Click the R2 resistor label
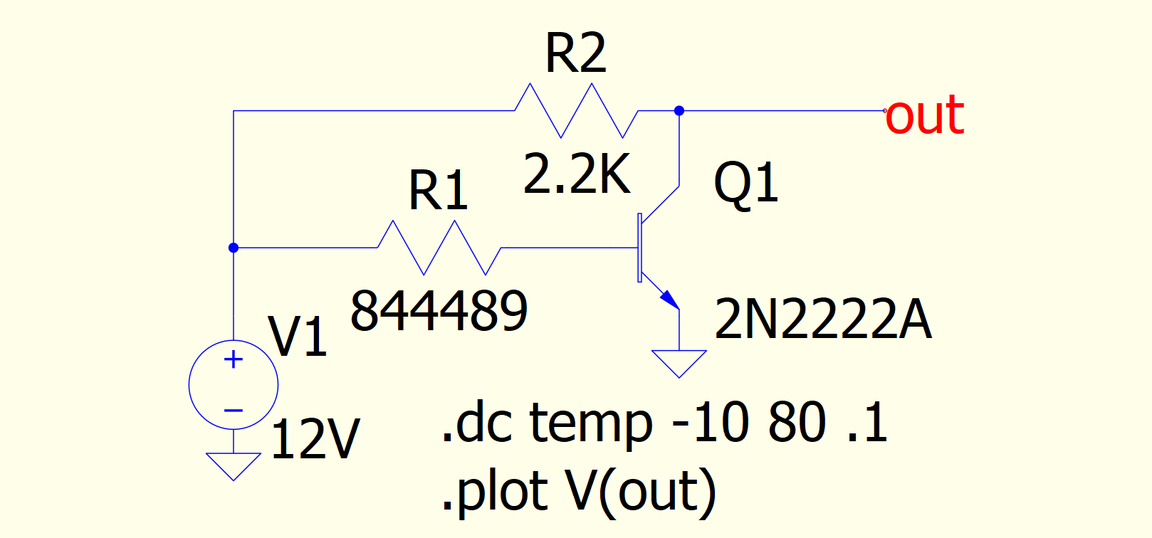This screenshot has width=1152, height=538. [x=575, y=54]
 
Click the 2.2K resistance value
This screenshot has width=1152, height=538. [x=577, y=174]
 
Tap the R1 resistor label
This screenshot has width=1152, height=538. [x=438, y=191]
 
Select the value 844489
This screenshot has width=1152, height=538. [x=439, y=311]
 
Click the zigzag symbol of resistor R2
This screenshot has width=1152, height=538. [x=576, y=110]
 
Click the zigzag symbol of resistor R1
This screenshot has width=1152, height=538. [x=439, y=248]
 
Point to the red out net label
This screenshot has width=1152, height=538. [x=924, y=115]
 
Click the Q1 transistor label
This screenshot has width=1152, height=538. [x=745, y=183]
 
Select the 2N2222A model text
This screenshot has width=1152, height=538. [x=822, y=319]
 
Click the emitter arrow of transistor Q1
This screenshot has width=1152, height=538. [x=669, y=298]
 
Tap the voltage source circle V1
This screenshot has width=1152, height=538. [x=234, y=385]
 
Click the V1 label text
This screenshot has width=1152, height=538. [x=298, y=337]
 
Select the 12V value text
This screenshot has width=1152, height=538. [x=315, y=439]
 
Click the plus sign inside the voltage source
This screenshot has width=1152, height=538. [x=234, y=360]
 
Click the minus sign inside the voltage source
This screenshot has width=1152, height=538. [x=234, y=411]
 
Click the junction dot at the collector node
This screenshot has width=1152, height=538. [x=679, y=111]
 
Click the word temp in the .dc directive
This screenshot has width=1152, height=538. [x=591, y=423]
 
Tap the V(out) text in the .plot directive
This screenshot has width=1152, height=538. [x=641, y=491]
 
